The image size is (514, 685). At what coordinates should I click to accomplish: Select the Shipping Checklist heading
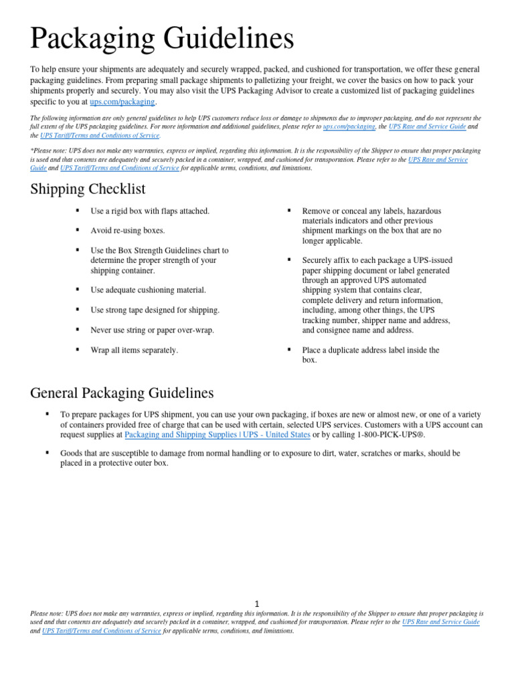87,189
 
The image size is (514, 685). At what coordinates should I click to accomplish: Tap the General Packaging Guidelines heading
122,392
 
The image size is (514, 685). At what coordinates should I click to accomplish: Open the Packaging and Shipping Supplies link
218,434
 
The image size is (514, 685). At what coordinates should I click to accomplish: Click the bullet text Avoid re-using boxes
128,231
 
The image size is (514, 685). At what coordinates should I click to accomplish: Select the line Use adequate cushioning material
149,290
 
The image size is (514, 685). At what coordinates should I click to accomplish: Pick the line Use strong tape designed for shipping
155,310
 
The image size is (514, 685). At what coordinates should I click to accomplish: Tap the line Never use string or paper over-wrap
153,330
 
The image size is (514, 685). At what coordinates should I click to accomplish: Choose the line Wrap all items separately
135,351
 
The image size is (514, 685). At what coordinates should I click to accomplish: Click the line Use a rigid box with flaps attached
150,211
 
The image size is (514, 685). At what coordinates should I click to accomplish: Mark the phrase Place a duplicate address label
371,351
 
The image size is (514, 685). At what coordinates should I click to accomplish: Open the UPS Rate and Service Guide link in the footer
441,622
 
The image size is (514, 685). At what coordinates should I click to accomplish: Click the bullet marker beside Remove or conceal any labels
288,211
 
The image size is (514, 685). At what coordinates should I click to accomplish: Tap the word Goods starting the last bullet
72,454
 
